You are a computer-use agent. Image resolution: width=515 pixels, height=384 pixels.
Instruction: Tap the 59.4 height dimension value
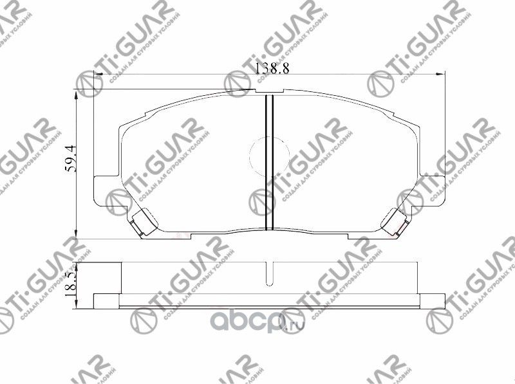pos(71,158)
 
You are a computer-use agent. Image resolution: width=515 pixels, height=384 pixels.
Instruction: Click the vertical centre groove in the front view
pos(270,161)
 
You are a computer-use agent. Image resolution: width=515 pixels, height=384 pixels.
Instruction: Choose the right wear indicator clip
pos(394,223)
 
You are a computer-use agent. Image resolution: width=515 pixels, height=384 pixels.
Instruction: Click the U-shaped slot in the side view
pos(270,273)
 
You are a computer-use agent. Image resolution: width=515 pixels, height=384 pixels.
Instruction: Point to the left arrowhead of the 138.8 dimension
pos(98,76)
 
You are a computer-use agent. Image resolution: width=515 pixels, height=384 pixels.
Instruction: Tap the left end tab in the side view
pos(107,300)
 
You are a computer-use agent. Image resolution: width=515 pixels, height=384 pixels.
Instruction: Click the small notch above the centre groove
pos(270,93)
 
